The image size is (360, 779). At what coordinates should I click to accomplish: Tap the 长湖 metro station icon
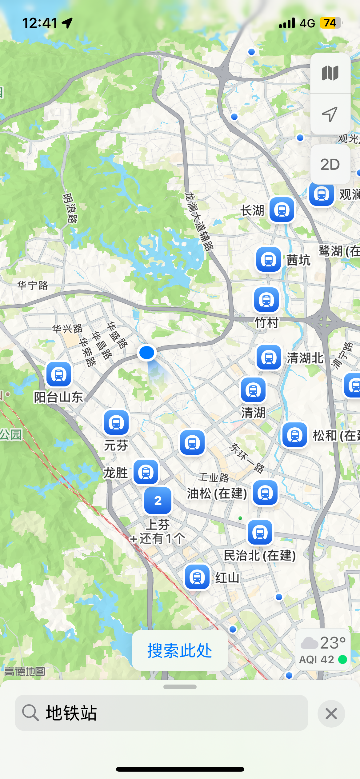pos(282,210)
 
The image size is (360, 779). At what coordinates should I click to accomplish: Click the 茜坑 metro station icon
pos(269,260)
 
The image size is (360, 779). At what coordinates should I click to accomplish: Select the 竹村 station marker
pos(266,300)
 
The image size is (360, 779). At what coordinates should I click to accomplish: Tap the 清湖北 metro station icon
pos(269,358)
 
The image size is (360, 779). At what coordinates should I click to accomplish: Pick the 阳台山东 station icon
pos(59,374)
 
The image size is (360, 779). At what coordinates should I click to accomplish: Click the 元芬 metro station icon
pos(116,423)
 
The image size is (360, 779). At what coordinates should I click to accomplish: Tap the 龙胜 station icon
pos(146,472)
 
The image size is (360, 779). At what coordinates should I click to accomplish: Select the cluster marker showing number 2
pos(158,501)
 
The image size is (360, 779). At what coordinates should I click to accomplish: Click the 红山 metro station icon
pos(197,577)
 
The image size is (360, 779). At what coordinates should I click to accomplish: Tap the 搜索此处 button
pos(180,650)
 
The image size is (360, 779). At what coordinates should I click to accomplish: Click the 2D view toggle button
pos(330,165)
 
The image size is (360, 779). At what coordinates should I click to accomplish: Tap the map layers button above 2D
pos(330,73)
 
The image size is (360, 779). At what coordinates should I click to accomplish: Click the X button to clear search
pos(331,713)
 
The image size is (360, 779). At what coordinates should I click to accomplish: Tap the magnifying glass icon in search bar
pos(30,713)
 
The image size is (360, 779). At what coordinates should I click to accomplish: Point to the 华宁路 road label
pos(33,286)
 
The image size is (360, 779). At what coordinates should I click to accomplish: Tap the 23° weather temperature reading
pos(333,643)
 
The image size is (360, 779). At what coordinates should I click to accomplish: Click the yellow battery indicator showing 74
pos(330,23)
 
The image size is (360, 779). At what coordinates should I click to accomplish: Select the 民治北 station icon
pos(260,532)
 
